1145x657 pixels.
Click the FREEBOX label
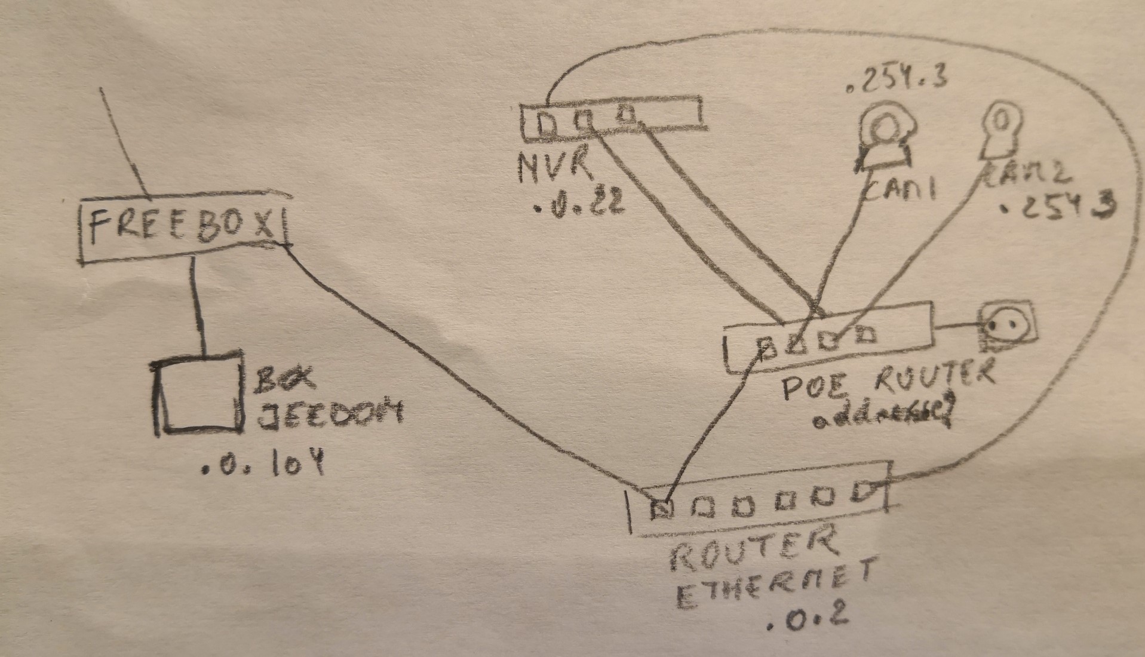click(x=182, y=228)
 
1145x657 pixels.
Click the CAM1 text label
click(x=900, y=189)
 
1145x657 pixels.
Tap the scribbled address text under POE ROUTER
click(x=882, y=418)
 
